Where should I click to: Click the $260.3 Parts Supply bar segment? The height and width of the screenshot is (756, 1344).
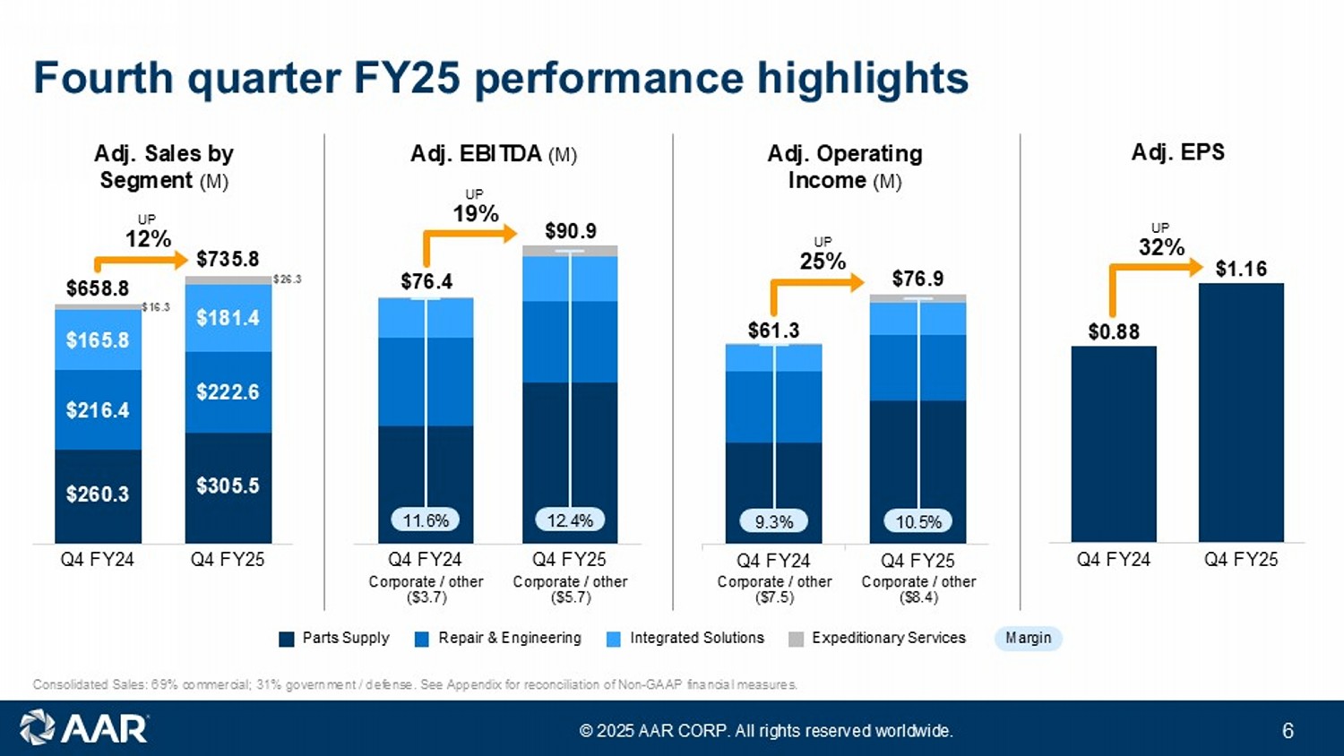pyautogui.click(x=98, y=494)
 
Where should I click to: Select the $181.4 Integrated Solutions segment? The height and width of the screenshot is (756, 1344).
pyautogui.click(x=228, y=318)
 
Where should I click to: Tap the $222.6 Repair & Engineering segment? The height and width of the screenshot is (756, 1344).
pyautogui.click(x=228, y=392)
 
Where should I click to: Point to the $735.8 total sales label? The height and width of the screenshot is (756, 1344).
pyautogui.click(x=228, y=260)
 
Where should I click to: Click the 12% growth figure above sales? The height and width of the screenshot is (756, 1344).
pyautogui.click(x=148, y=239)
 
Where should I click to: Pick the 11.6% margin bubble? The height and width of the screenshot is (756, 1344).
pyautogui.click(x=426, y=520)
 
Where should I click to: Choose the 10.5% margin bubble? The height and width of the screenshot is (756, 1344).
pyautogui.click(x=918, y=521)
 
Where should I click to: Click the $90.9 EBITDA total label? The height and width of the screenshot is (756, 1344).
pyautogui.click(x=571, y=231)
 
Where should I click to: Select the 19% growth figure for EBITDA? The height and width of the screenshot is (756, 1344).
pyautogui.click(x=476, y=214)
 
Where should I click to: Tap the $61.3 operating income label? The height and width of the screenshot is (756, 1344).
pyautogui.click(x=773, y=331)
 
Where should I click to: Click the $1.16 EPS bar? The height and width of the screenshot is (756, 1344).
pyautogui.click(x=1241, y=412)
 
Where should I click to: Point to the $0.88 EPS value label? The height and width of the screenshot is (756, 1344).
pyautogui.click(x=1114, y=332)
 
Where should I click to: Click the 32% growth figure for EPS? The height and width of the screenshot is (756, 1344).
pyautogui.click(x=1162, y=247)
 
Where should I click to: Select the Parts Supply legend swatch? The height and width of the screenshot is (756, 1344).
pyautogui.click(x=287, y=639)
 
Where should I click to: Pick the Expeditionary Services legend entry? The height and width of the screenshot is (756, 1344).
pyautogui.click(x=888, y=638)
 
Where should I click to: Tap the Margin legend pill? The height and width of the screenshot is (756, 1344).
pyautogui.click(x=1028, y=638)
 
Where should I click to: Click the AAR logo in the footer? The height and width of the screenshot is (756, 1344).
pyautogui.click(x=84, y=728)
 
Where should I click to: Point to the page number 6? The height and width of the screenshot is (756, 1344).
pyautogui.click(x=1288, y=731)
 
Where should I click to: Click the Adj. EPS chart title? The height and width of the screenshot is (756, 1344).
pyautogui.click(x=1177, y=152)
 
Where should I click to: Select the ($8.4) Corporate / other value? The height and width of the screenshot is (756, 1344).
pyautogui.click(x=918, y=597)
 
